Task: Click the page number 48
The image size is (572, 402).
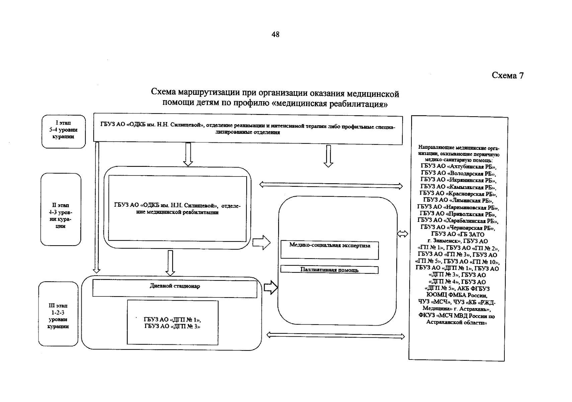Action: click(275, 35)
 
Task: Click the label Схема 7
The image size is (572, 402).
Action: click(507, 76)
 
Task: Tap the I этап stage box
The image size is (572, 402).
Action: click(63, 131)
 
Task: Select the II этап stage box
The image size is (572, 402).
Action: click(61, 210)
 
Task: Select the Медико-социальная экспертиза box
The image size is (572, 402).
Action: click(329, 250)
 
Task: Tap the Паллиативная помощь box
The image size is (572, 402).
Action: click(329, 270)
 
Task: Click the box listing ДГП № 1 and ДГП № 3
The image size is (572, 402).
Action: click(172, 322)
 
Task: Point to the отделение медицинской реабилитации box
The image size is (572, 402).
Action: click(177, 208)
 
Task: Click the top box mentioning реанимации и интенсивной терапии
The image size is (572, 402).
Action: click(248, 129)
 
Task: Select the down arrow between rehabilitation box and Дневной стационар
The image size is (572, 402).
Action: click(170, 263)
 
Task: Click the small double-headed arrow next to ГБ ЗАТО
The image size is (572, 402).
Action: click(403, 234)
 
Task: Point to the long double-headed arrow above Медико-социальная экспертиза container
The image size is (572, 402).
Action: click(331, 185)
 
